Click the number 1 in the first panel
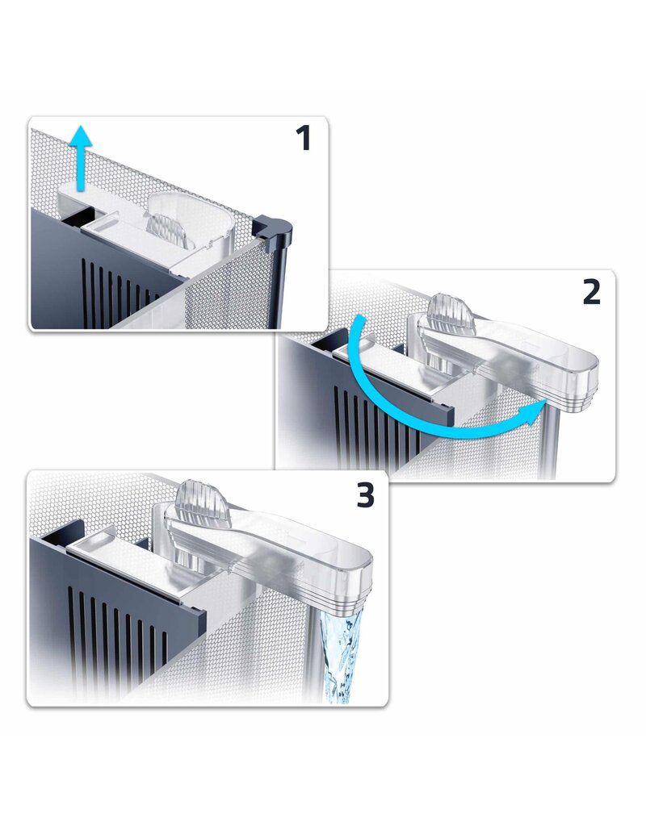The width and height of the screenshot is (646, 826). [302, 139]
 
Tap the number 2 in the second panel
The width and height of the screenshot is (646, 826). [592, 292]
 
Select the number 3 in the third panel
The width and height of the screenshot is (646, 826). [366, 495]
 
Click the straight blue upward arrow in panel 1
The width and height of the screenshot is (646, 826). [80, 157]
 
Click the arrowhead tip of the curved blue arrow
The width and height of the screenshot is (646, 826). [546, 400]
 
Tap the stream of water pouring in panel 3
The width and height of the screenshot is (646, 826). [338, 656]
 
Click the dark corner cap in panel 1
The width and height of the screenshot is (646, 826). [274, 227]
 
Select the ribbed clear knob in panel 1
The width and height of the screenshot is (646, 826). [166, 231]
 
